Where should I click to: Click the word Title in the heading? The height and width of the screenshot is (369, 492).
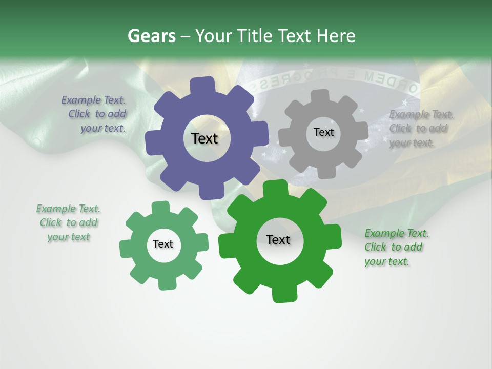click(257, 36)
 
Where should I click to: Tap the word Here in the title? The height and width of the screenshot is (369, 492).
click(336, 36)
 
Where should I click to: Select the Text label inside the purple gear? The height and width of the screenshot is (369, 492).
click(204, 138)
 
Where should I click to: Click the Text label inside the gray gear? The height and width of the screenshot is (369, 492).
click(323, 132)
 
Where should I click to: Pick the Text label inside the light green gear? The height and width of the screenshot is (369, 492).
click(163, 244)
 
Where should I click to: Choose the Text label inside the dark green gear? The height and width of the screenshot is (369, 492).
click(278, 239)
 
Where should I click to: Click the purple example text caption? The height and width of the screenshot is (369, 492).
click(94, 114)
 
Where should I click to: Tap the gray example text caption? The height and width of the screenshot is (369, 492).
click(420, 129)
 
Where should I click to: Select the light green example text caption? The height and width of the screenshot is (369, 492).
click(68, 222)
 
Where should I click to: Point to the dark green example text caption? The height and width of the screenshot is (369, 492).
click(396, 247)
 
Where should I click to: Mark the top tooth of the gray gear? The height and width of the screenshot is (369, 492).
click(321, 96)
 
